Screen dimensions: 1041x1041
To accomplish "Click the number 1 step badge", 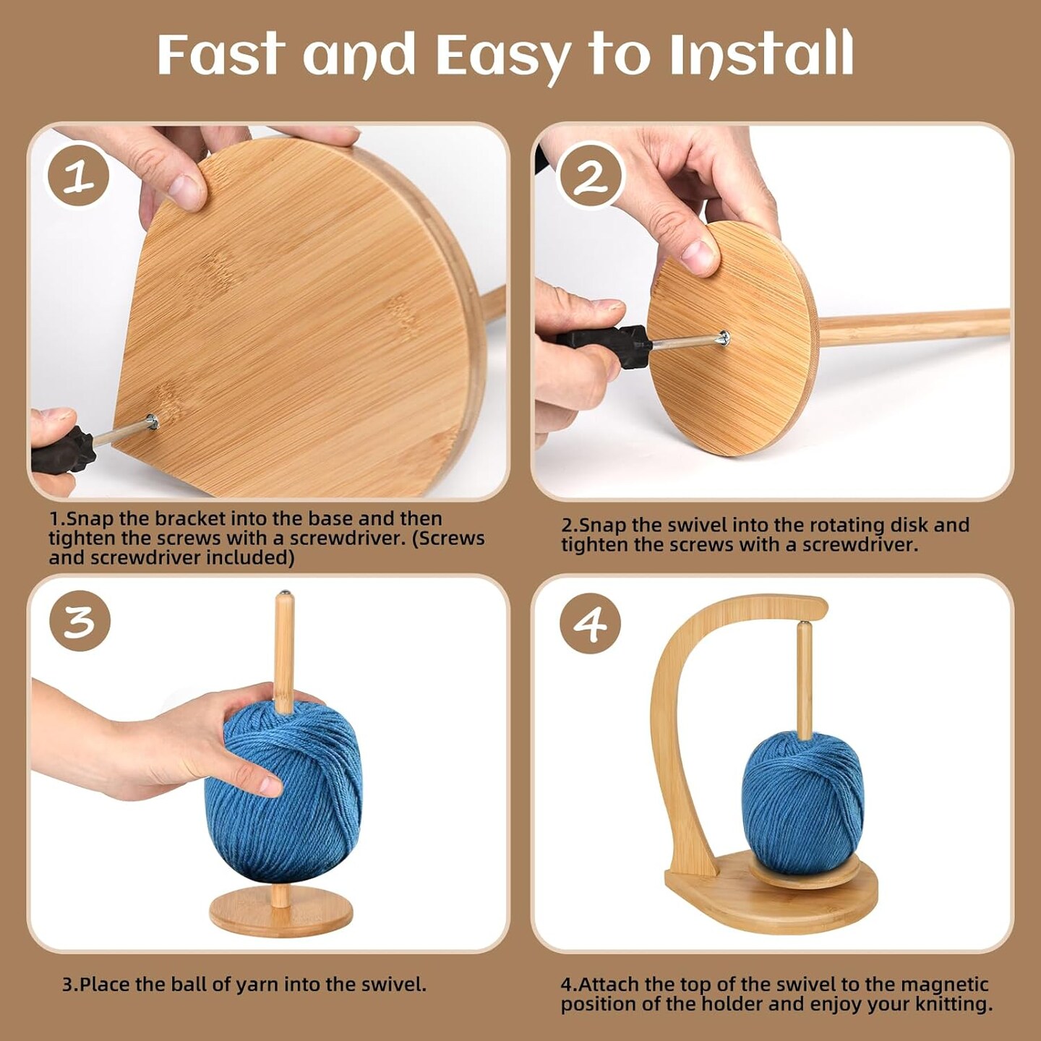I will point(78,176).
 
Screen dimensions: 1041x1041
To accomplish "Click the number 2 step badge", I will point(591,176).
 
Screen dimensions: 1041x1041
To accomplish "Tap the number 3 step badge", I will point(80,621).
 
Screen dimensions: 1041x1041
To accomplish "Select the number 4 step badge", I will point(590,623).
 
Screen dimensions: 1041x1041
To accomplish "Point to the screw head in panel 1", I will point(151,421).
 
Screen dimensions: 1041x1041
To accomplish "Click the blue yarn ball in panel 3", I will point(289,795).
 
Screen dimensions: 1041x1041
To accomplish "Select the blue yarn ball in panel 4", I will point(802,799).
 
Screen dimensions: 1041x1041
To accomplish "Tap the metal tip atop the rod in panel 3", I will point(284,594).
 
